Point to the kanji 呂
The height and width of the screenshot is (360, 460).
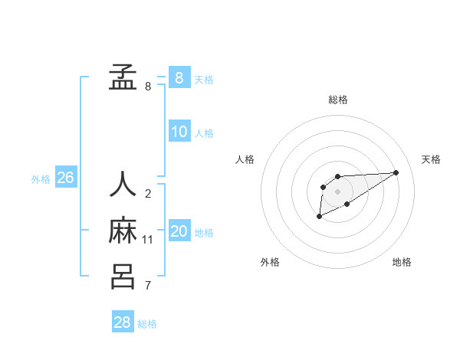(123, 276)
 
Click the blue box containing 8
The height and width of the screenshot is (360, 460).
(179, 77)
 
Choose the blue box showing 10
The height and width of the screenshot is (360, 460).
(179, 132)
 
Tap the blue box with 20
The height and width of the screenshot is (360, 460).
(179, 231)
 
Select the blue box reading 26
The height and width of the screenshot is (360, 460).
(65, 178)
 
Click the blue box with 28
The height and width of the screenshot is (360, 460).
(122, 322)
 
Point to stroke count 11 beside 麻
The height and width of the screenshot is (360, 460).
(148, 240)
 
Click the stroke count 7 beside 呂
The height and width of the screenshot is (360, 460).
(148, 286)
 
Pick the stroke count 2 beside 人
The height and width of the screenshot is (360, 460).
(148, 193)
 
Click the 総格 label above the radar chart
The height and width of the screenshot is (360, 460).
(338, 100)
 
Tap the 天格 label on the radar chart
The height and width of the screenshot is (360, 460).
(432, 159)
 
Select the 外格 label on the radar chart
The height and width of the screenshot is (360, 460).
(270, 262)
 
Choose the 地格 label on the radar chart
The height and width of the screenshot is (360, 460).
(402, 262)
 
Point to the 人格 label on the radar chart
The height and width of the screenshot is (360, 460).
(245, 159)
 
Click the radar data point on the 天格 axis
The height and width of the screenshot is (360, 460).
(396, 172)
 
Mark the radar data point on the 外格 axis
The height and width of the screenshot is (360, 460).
(319, 217)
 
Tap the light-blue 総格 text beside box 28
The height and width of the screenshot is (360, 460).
(148, 324)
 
